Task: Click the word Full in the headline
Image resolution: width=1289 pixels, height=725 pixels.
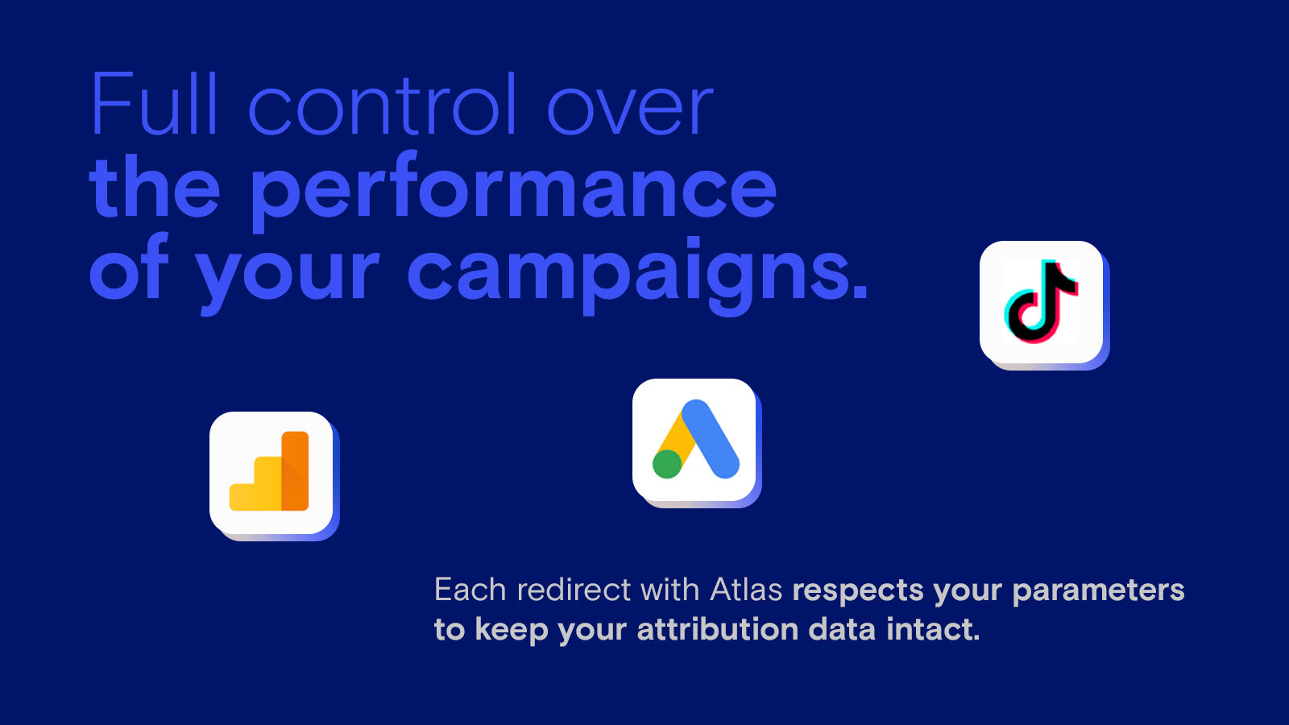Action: (x=155, y=104)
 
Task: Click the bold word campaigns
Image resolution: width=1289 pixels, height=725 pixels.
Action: (x=637, y=273)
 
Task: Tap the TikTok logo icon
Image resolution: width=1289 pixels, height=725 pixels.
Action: (x=1042, y=302)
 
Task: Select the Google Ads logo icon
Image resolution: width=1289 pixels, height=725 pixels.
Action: (x=694, y=440)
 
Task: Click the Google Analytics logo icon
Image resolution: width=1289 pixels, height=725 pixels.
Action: (x=271, y=472)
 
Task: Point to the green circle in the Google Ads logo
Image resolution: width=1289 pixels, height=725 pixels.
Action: (x=667, y=464)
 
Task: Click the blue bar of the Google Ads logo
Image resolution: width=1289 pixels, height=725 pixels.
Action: (x=710, y=438)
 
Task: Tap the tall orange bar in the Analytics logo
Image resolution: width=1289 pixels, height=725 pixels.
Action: (x=295, y=470)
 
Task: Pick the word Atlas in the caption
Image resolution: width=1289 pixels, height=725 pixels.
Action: (x=746, y=590)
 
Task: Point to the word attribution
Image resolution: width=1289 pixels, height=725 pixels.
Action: (x=718, y=629)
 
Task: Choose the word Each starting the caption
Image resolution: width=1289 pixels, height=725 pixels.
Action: (x=470, y=590)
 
